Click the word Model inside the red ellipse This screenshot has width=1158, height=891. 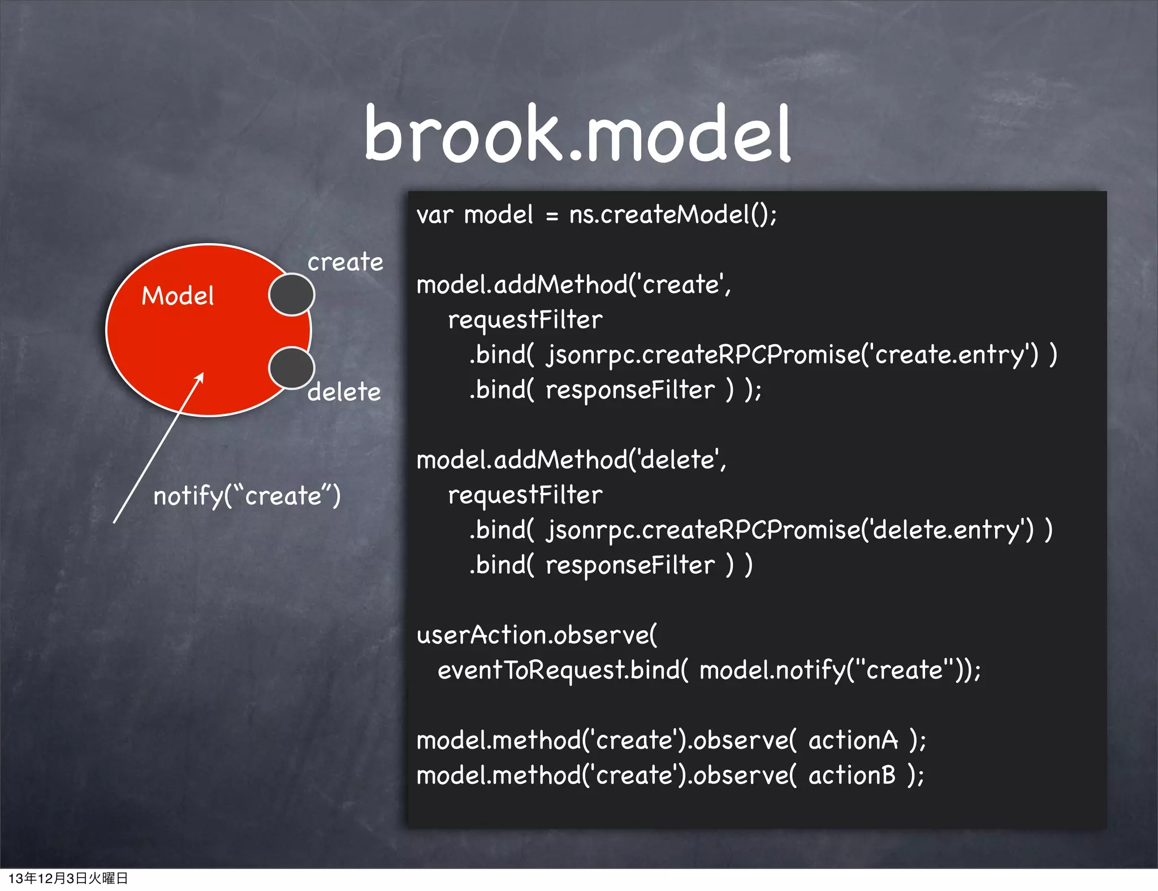point(178,296)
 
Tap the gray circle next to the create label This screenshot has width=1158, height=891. point(291,294)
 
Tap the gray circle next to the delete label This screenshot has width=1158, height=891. point(291,368)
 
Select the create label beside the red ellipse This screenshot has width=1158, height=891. point(345,262)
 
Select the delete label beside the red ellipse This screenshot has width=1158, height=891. point(344,392)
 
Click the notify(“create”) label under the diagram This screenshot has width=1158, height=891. point(247,496)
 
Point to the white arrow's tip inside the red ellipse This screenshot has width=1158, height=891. point(201,375)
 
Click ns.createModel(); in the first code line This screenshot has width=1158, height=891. point(673,215)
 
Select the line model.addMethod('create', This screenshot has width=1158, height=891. point(573,284)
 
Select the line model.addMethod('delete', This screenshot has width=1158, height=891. point(571,460)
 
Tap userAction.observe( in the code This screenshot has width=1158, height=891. point(537,635)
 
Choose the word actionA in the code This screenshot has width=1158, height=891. point(853,740)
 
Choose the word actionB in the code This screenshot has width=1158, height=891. point(852,775)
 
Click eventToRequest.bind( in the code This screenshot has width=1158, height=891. point(563,671)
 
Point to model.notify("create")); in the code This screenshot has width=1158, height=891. point(840,671)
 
